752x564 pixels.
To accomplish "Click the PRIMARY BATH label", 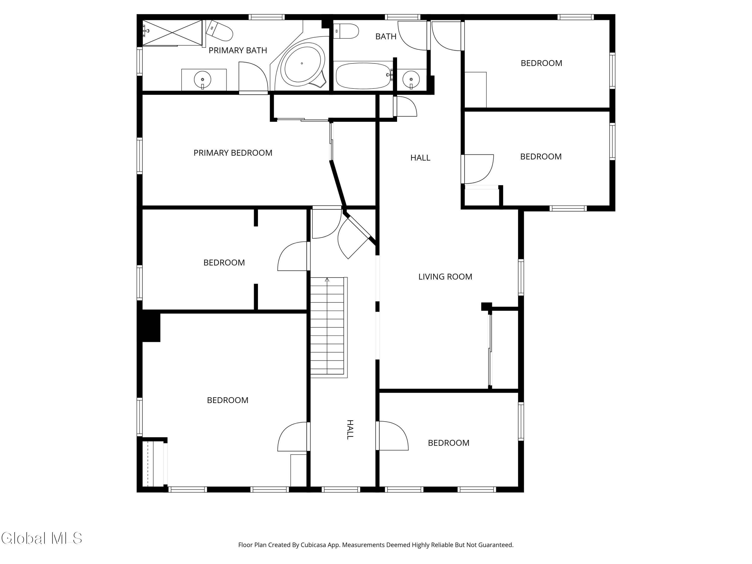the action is (238, 50).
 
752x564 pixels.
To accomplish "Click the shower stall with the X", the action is (172, 33).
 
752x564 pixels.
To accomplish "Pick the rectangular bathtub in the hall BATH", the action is (363, 75).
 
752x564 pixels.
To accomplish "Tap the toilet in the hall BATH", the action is (346, 31).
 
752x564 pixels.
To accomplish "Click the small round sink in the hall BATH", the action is (411, 79).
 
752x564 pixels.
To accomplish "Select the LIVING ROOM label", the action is (445, 277).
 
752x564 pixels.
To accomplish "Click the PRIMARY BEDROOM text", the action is (233, 153).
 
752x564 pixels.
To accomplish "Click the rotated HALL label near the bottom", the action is (350, 430).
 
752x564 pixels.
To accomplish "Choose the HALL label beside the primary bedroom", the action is (420, 158).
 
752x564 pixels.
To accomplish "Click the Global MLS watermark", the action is (42, 538).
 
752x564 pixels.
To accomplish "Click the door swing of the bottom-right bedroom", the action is (393, 436).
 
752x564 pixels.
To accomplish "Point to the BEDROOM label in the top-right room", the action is (541, 63).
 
